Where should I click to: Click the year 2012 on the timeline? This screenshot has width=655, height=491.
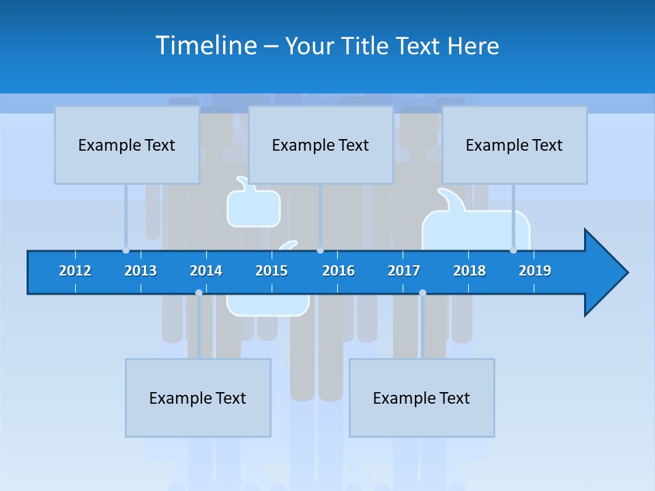pos(75,271)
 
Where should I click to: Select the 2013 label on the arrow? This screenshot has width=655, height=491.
pos(141,271)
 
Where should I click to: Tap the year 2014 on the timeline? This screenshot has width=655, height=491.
pos(206,271)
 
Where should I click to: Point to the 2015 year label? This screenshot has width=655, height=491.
pos(272,271)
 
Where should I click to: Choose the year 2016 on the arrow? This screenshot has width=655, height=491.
pos(338,271)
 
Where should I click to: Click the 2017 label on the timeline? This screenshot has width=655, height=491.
pos(404,271)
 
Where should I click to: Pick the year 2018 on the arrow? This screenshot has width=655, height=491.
pos(469,271)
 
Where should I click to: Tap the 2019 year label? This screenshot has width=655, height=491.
pos(535,271)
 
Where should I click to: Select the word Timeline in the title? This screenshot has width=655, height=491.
pos(204,46)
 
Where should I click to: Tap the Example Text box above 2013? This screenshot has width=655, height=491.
pos(127,145)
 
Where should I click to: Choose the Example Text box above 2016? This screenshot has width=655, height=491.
pos(321,145)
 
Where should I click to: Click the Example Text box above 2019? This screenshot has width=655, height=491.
pos(514,145)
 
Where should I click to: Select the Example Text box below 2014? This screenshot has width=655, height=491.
pos(198,398)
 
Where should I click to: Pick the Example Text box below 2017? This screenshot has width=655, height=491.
pos(422,398)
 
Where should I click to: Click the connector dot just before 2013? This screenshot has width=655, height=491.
pos(126,250)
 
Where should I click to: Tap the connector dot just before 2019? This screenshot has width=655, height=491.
pos(513,250)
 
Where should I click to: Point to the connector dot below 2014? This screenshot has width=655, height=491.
pos(199,293)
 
